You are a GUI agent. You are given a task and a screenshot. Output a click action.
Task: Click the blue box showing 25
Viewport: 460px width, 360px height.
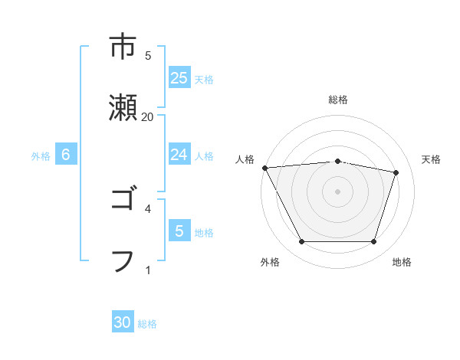coord(179,78)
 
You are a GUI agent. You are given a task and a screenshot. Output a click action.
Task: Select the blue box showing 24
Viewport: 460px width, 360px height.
coord(179,155)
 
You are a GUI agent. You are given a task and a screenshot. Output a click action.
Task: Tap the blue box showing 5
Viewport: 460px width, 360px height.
coord(179,231)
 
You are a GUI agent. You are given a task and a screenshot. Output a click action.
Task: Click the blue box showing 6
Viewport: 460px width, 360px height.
coord(66,155)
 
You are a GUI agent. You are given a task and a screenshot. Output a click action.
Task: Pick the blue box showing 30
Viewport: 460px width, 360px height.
coord(123,322)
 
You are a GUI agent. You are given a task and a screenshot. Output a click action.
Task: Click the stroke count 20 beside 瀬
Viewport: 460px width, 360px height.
coord(148,116)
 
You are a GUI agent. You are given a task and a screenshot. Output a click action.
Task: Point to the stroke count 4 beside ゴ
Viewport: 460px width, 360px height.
coord(148,208)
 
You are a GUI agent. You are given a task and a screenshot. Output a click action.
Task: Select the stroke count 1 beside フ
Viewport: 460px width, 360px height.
coord(148,269)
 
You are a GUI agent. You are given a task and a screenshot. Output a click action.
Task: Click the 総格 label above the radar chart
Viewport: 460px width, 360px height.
coord(338,100)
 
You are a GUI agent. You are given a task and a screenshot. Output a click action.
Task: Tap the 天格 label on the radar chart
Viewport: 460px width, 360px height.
coord(432,159)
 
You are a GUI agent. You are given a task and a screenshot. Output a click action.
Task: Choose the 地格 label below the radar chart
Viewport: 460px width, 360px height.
coord(402,262)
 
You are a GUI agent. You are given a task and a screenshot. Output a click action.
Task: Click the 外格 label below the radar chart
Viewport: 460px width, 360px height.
coord(270,262)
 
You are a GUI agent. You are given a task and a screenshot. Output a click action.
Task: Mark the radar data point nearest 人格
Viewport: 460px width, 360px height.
coord(264,168)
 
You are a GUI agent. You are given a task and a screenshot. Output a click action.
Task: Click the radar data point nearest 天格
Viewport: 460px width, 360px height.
coord(396,172)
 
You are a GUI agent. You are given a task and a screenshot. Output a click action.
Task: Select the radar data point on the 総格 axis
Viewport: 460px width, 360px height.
coord(338,161)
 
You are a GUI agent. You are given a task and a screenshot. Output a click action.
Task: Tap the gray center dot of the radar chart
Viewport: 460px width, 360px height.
coord(338,191)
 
